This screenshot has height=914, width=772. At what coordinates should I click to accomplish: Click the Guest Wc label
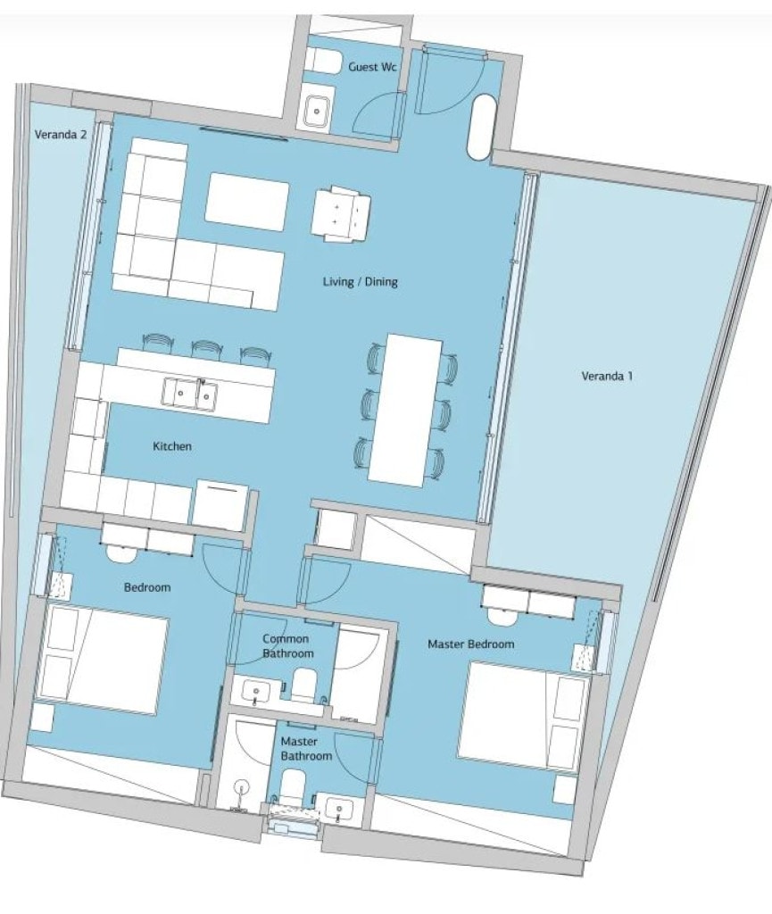[372, 67]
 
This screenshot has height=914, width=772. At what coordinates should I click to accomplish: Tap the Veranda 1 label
[607, 376]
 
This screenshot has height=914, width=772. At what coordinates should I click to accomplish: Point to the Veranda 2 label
[61, 134]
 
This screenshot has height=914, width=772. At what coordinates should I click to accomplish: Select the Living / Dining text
[360, 281]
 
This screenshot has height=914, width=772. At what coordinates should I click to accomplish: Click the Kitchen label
[172, 446]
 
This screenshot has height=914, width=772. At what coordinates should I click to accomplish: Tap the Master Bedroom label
[470, 644]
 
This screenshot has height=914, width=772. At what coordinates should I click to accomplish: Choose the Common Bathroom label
[287, 646]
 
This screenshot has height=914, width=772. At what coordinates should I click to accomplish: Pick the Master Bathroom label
[306, 749]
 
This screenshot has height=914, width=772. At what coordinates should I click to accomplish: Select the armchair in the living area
[341, 213]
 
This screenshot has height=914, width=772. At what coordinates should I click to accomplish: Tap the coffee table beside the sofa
[247, 197]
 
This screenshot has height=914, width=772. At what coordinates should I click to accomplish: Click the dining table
[405, 409]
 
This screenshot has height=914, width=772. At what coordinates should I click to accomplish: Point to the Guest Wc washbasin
[317, 110]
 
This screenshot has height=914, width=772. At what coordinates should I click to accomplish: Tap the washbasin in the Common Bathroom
[256, 692]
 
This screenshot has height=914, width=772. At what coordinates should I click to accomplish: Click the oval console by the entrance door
[482, 127]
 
